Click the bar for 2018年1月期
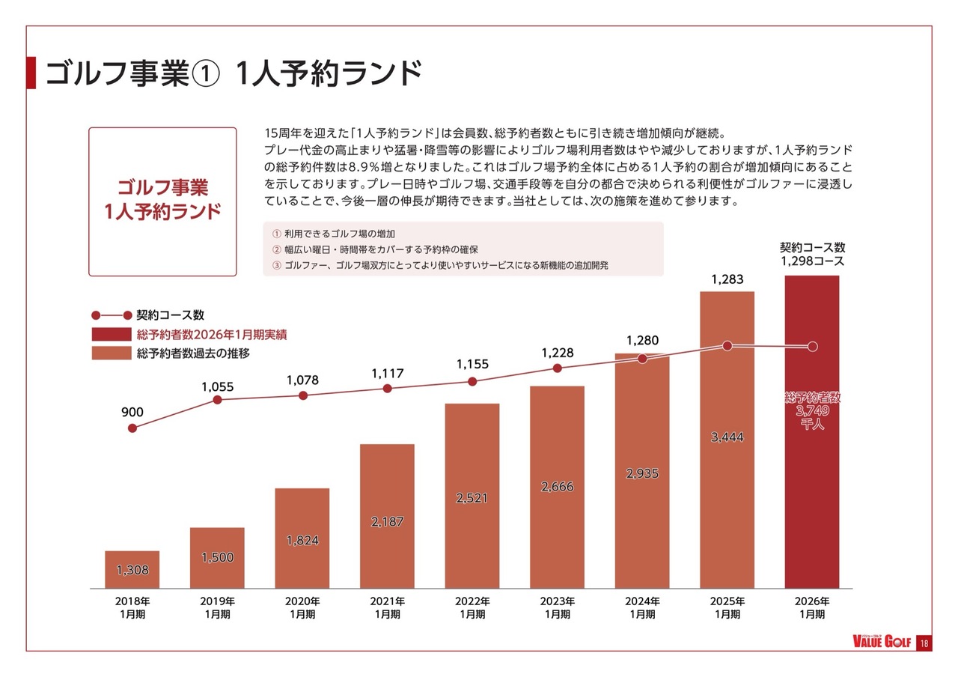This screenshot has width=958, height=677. [132, 569]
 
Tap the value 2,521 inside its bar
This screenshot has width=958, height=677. [472, 498]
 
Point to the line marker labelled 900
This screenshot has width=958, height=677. [132, 428]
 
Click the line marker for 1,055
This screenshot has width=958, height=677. [218, 400]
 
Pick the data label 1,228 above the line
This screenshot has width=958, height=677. [557, 353]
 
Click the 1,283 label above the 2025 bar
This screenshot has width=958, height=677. [727, 279]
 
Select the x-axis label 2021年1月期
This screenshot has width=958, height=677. [387, 607]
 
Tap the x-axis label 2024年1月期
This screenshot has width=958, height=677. [642, 607]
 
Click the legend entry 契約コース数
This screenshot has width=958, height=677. [170, 315]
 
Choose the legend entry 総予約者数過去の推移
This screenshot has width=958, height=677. [193, 353]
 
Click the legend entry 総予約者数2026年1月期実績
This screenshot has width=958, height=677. [212, 335]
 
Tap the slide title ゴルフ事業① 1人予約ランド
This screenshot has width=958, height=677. [233, 73]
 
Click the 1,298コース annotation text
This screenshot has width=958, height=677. [812, 262]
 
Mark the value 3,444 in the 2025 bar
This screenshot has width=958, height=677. [727, 437]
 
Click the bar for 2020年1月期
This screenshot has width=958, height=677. [302, 539]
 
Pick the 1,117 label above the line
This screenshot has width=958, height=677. [387, 373]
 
